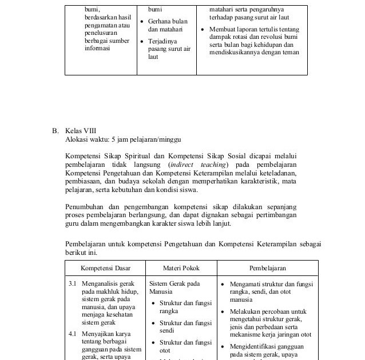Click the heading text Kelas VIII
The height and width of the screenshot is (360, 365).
pos(81,131)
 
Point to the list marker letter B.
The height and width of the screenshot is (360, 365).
pos(55,131)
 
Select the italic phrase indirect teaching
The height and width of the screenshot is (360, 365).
pos(197,164)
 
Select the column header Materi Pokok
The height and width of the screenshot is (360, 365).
pos(181,267)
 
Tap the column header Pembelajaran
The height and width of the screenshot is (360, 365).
pos(267,267)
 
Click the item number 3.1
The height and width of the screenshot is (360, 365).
pos(73,283)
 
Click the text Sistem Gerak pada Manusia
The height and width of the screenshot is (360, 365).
pos(174,287)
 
